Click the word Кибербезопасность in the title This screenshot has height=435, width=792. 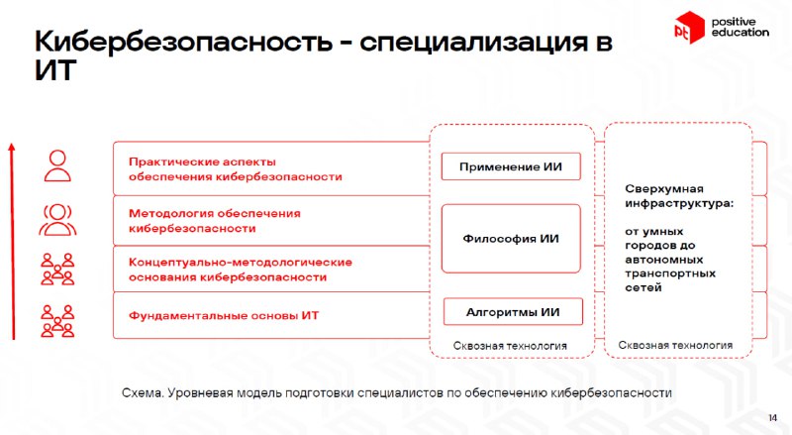coord(183,41)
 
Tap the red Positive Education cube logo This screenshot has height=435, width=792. coord(689,28)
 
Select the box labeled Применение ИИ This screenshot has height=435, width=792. coord(511,166)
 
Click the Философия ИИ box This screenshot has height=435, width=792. coord(511,239)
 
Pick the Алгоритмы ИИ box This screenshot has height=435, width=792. coord(513,311)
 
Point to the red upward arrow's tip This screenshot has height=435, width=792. coord(12,145)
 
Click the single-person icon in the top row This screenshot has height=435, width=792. coord(57,165)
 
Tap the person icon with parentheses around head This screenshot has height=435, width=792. coord(57,220)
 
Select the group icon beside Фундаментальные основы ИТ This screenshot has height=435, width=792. coord(57,321)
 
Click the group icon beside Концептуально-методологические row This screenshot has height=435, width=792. coord(57,270)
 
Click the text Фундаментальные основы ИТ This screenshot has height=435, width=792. coord(224,316)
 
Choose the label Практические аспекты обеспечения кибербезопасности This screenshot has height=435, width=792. coord(236,168)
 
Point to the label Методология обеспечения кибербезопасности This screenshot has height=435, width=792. coord(215,221)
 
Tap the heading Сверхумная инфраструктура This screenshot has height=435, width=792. coord(679,196)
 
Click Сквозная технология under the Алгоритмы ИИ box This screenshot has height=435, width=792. coord(510,346)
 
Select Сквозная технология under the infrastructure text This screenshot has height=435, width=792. coord(675,345)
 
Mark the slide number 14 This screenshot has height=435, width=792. coord(773,418)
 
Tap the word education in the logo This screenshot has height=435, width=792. coord(740,33)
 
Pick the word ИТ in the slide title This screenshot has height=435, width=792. coord(55,69)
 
